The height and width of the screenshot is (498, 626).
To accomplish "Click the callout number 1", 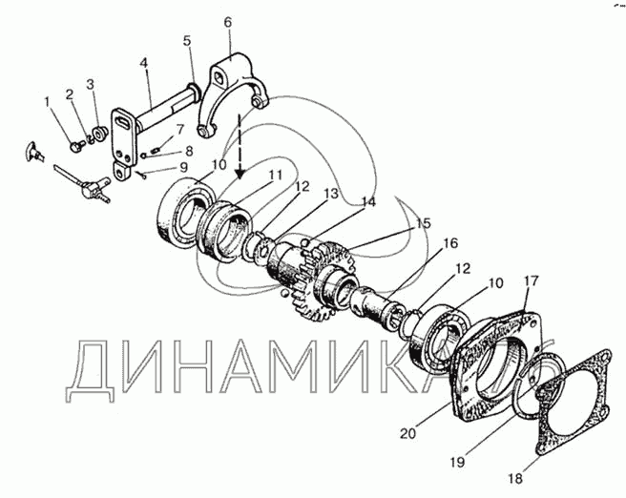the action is (48, 102).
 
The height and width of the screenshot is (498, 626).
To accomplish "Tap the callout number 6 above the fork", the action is (227, 22).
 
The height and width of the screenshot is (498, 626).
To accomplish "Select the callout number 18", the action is (515, 478).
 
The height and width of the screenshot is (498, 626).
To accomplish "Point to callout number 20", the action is (408, 433).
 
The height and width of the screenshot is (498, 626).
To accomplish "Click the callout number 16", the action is (450, 243).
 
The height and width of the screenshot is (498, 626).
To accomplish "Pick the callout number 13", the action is (330, 194).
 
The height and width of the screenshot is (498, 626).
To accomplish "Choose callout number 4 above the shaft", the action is (144, 63).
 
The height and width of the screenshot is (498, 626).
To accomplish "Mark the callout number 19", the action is (457, 462).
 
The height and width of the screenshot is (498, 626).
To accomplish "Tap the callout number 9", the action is (183, 167).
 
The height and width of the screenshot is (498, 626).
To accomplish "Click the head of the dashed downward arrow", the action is (240, 174).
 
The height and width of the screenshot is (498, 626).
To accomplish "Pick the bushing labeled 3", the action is (99, 134).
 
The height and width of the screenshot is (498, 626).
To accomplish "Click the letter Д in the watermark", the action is (91, 371).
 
